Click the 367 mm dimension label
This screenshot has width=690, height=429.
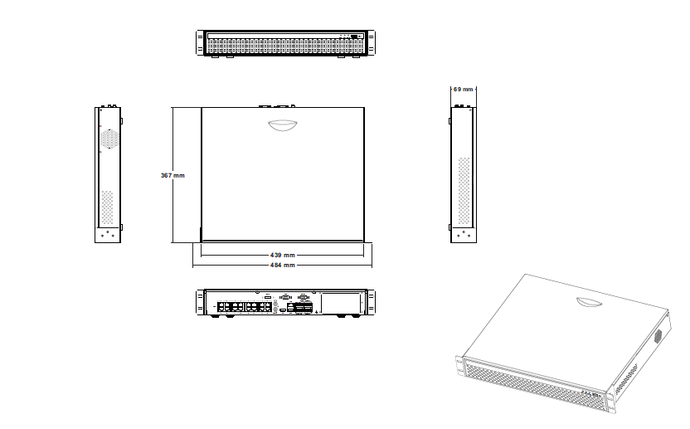172,175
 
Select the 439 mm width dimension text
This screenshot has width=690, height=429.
283,255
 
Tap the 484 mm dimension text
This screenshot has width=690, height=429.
283,265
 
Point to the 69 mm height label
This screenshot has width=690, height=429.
463,89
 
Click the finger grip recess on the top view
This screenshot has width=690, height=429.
283,125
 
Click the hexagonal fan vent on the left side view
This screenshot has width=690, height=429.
108,139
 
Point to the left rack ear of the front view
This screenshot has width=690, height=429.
200,43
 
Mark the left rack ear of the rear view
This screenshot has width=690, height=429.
200,302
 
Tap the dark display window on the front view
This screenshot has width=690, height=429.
356,37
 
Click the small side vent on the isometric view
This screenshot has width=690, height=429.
659,336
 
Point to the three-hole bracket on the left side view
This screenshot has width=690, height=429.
107,234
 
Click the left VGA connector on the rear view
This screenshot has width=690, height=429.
285,296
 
